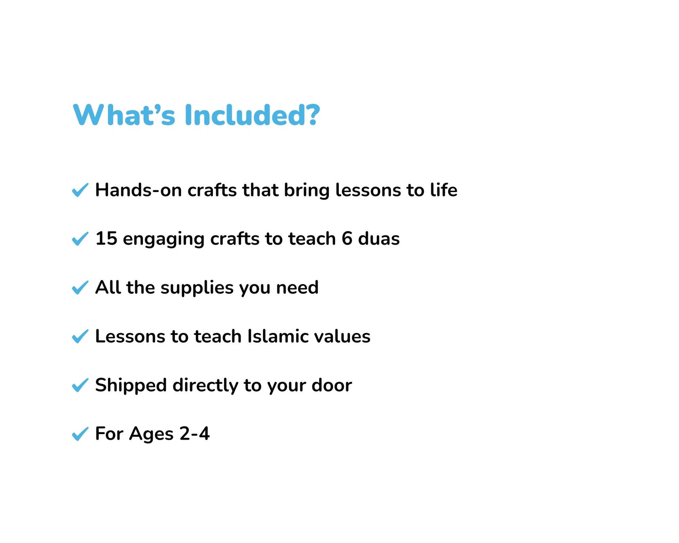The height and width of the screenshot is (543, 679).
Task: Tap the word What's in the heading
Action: coord(125,115)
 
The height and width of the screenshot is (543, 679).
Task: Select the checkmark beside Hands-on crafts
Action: coord(80,190)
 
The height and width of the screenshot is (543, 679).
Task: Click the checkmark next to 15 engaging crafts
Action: coord(80,239)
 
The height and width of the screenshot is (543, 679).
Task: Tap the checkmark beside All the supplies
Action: coord(80,287)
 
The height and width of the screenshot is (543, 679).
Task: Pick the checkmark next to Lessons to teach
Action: coord(80,336)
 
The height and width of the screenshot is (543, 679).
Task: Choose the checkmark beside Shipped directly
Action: coord(80,385)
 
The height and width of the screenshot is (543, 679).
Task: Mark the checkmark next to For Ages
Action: coord(80,434)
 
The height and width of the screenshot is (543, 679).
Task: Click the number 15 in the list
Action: coord(106,239)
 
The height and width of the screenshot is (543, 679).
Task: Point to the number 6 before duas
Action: coord(347,239)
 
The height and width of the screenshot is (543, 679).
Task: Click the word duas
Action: coord(379,239)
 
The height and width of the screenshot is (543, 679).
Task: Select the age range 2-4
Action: coord(195,434)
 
